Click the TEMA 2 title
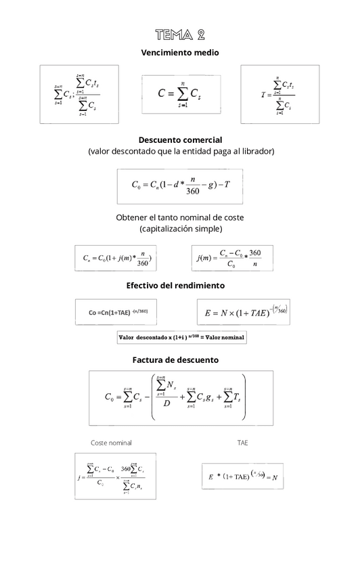(180, 35)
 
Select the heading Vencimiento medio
(180, 52)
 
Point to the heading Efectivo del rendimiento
(180, 285)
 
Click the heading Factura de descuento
(180, 360)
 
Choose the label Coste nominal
(111, 443)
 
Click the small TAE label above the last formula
(243, 443)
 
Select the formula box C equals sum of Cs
(180, 94)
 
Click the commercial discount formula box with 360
(180, 185)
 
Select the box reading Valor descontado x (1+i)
(182, 337)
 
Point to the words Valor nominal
(225, 337)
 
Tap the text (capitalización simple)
(180, 229)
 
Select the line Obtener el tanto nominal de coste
(180, 217)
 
